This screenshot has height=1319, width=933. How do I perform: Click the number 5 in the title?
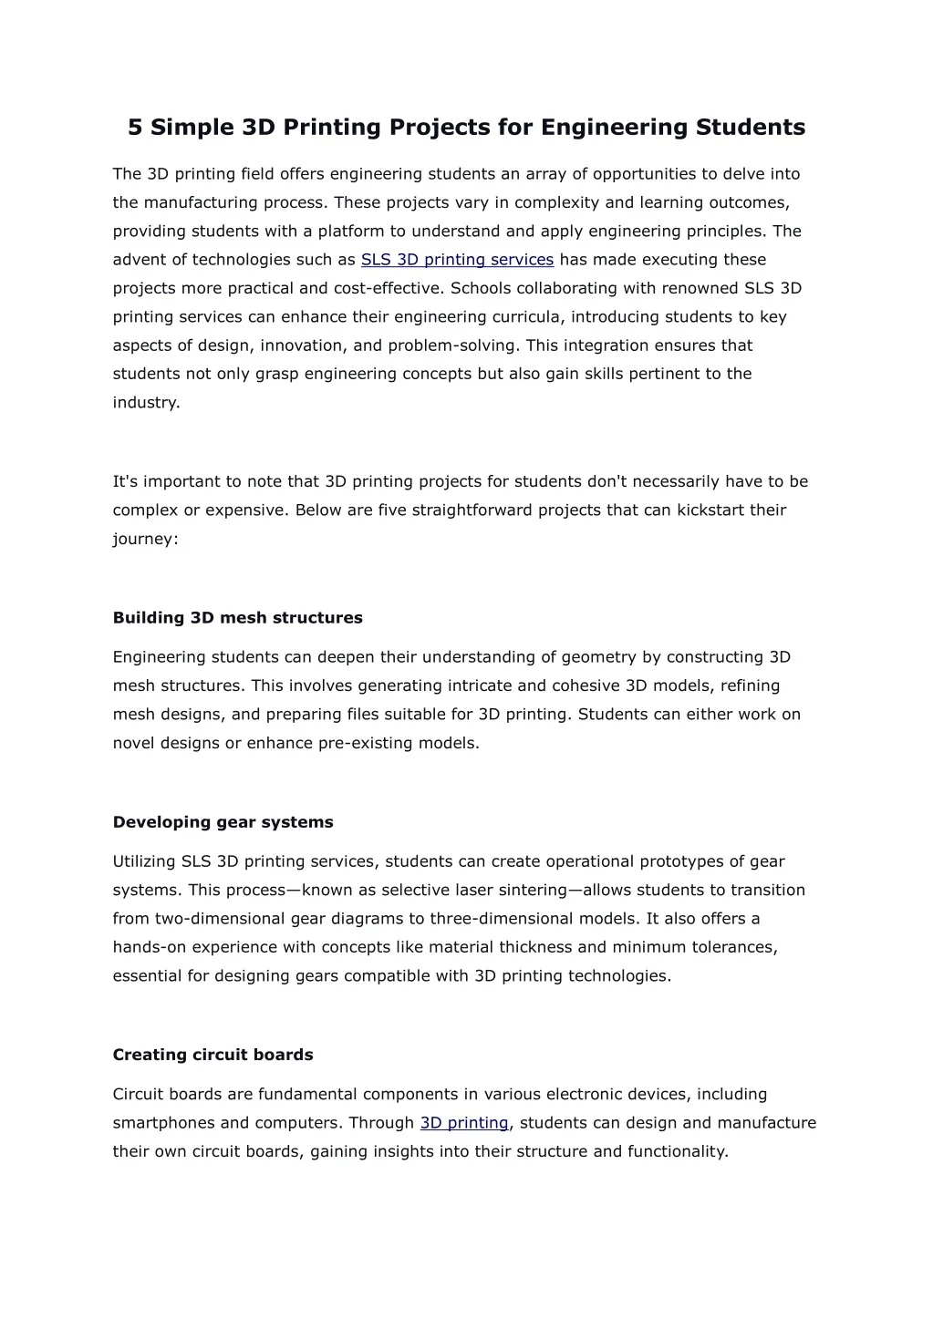click(135, 127)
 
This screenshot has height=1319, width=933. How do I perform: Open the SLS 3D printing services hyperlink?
click(457, 260)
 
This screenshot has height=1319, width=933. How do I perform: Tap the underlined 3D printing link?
click(464, 1123)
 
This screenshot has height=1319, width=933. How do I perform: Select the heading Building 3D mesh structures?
click(237, 618)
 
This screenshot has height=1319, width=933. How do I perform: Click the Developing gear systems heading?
click(223, 822)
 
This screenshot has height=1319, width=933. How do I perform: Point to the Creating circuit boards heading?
click(213, 1055)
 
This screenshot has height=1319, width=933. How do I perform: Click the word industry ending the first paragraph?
click(145, 403)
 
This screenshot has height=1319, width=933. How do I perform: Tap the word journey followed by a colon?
click(143, 539)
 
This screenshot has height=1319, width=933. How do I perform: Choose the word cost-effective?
click(387, 289)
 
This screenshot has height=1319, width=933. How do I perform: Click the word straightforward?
click(472, 510)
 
